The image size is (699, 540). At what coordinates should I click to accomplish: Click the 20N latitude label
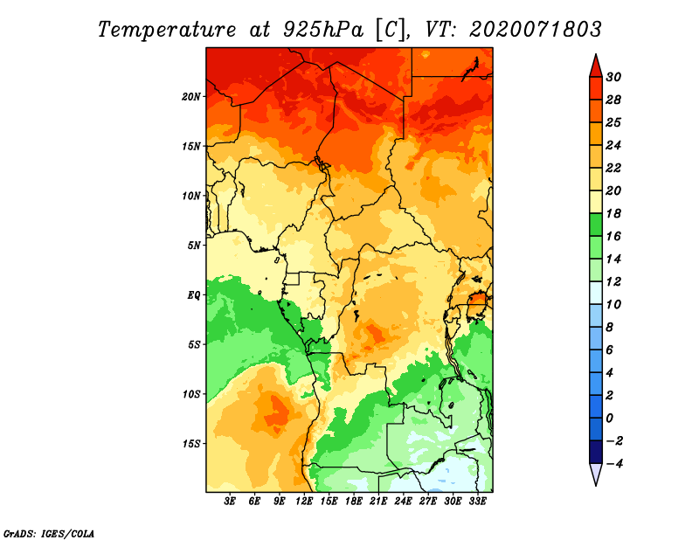(191, 96)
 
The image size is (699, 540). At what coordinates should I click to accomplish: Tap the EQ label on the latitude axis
(193, 295)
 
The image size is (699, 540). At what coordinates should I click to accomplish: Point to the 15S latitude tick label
(191, 444)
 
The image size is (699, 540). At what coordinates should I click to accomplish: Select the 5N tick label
(194, 246)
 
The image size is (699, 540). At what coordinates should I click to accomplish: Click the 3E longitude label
(230, 501)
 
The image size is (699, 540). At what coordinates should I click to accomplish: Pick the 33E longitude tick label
(477, 501)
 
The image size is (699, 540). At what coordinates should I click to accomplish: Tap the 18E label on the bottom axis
(354, 501)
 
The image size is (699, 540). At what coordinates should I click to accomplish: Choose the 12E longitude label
(304, 501)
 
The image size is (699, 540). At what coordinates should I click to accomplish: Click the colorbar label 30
(613, 77)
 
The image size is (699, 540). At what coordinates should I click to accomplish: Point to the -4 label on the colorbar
(614, 464)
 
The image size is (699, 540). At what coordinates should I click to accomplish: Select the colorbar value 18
(613, 213)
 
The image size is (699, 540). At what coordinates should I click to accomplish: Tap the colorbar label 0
(609, 419)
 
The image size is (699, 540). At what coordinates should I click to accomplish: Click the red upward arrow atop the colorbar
(596, 67)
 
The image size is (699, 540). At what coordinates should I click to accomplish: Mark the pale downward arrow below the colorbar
(596, 474)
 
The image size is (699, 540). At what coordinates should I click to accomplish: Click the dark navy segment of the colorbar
(596, 452)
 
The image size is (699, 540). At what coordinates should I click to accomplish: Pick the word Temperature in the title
(167, 30)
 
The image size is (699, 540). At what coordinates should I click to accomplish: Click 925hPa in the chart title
(323, 30)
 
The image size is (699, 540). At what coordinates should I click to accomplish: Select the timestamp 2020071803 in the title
(535, 30)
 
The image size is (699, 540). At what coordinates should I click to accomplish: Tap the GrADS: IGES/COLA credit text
(49, 533)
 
